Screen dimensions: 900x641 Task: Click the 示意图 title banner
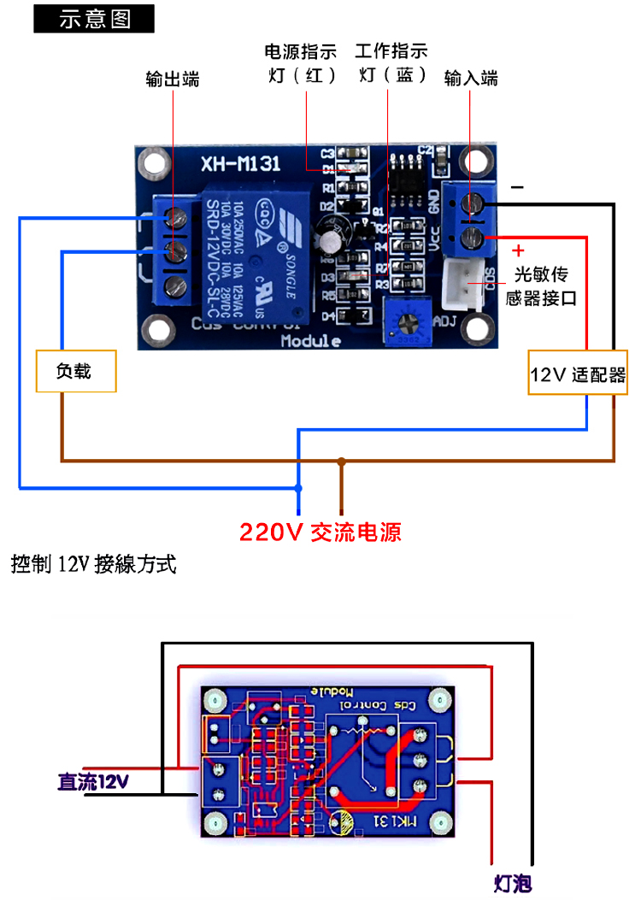click(x=94, y=19)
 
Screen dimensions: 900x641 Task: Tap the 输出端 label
click(x=173, y=79)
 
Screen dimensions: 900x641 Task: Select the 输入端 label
click(x=471, y=79)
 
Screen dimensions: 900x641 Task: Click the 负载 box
click(x=75, y=371)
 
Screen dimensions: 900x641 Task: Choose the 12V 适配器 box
click(x=578, y=374)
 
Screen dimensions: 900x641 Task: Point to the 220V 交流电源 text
click(x=320, y=532)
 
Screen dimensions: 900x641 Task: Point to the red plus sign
click(x=518, y=251)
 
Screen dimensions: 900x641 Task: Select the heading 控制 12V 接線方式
click(x=93, y=565)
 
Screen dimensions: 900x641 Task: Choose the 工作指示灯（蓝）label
click(x=391, y=63)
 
